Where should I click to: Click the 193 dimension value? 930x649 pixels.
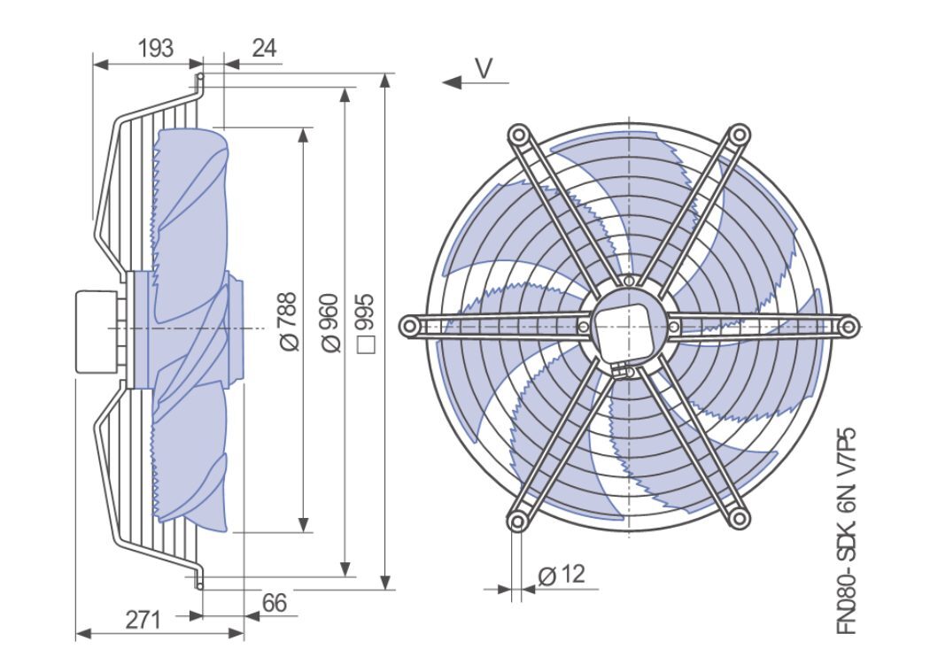pos(155,49)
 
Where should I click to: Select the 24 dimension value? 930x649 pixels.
pos(264,49)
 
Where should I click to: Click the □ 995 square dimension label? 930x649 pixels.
pos(364,324)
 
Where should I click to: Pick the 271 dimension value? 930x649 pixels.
pos(142,619)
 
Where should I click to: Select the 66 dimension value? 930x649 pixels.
pos(275,604)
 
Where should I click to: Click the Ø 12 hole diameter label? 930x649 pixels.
pos(562,576)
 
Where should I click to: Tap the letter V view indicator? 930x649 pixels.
pos(483,68)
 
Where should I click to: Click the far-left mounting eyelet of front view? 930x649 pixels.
pos(408,327)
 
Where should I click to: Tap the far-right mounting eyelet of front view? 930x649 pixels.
pos(848,327)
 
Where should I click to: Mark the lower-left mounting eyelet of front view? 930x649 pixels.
pos(517,519)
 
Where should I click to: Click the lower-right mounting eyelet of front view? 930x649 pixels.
pos(737,519)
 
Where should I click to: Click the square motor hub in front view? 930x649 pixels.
pos(627,328)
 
